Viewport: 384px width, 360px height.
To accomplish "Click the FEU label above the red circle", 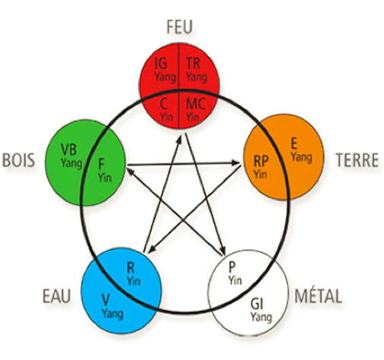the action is click(180, 27).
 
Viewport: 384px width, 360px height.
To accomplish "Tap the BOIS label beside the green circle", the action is click(19, 160).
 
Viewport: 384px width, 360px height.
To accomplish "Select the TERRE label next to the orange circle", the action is click(357, 160).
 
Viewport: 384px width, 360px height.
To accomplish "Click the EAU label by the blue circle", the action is click(57, 296).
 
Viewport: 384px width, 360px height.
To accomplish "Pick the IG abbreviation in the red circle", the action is click(161, 63).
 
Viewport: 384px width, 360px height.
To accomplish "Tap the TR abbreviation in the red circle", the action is click(193, 63).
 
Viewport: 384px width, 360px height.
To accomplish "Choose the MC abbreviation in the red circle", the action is click(195, 104).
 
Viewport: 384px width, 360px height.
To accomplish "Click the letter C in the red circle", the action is click(164, 104).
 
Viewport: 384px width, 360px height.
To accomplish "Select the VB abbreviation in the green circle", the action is click(69, 150).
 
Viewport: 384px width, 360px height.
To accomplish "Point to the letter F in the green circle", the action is click(101, 164).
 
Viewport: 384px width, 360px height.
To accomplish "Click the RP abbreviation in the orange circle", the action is click(261, 161).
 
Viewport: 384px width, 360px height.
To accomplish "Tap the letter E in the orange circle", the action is click(294, 144).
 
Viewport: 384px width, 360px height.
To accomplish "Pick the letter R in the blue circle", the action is click(131, 268).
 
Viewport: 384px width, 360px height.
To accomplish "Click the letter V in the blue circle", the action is click(105, 300).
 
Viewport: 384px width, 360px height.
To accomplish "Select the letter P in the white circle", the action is click(231, 267).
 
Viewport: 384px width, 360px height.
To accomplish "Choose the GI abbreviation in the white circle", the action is click(257, 304).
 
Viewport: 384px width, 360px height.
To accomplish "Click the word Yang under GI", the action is click(261, 317).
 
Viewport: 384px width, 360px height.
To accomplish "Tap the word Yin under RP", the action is click(260, 174).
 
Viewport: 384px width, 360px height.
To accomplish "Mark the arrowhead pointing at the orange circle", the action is click(236, 163).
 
